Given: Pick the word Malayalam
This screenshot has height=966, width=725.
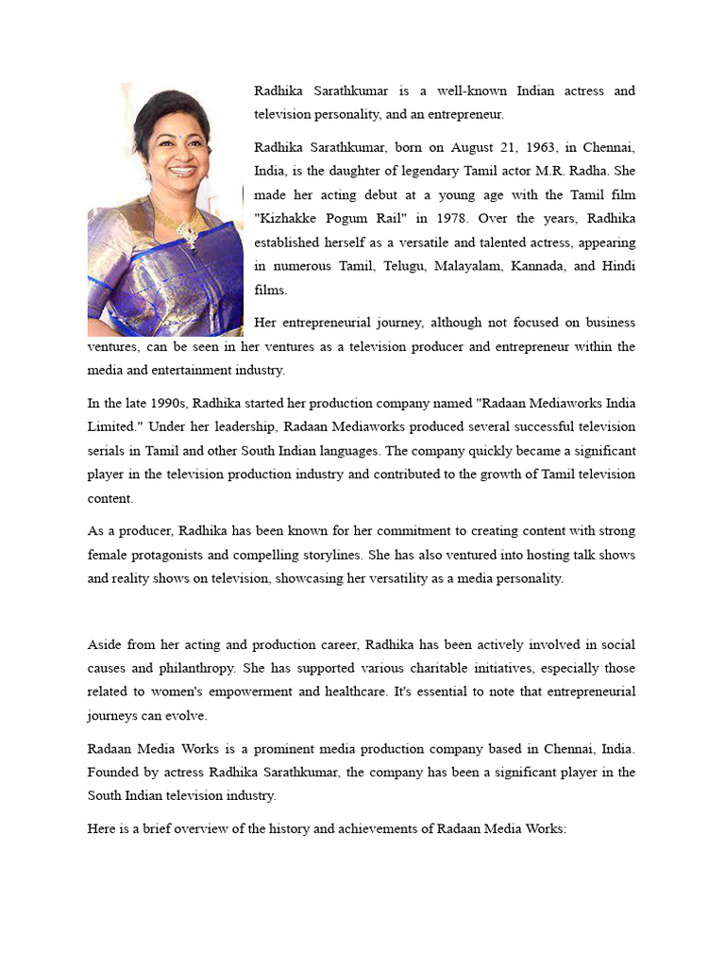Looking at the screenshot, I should click(x=468, y=266).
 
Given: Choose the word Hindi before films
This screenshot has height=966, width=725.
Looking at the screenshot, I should click(x=618, y=266).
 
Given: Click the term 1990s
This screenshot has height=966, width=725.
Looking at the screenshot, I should click(x=161, y=403).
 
